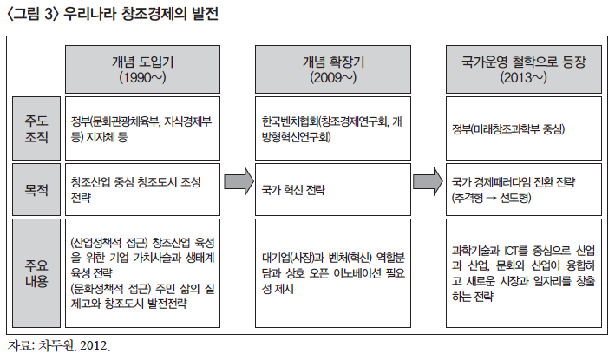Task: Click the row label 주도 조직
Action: (x=37, y=129)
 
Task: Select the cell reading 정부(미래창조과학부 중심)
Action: (x=523, y=129)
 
